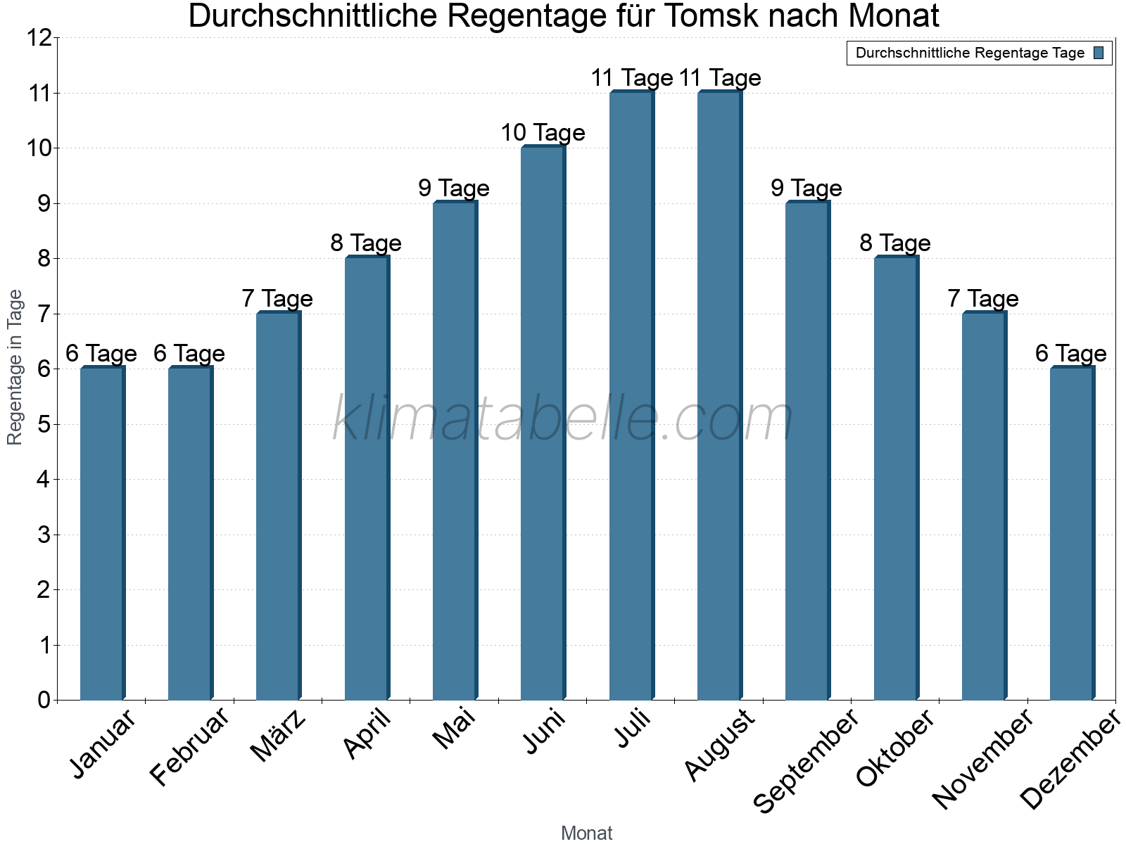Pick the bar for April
point(367,478)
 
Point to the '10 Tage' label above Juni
point(543,133)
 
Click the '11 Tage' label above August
point(720,78)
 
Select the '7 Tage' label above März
point(277,299)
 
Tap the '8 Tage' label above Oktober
point(895,243)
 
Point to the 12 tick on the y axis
point(39,38)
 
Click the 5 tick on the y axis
point(44,424)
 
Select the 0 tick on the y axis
point(44,700)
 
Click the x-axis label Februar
point(190,747)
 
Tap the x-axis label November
point(983,760)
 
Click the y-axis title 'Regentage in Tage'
point(15,367)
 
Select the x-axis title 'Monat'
point(586,833)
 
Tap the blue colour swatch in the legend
point(1099,53)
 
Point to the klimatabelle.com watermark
point(563,420)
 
